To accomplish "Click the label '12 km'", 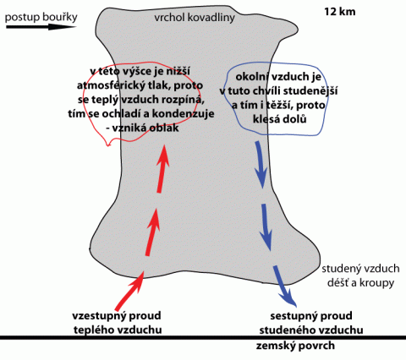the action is point(339,12).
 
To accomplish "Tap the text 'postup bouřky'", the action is point(41,17).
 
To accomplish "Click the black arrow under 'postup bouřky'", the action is point(41,27).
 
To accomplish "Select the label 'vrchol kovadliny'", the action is point(195,18).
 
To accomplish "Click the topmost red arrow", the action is point(163,168).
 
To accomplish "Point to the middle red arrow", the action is point(152,232).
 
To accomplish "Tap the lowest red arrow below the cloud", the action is point(129,292).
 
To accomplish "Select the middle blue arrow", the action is point(266,227).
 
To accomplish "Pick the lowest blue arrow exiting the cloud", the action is point(284,286).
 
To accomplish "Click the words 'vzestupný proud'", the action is point(117,315).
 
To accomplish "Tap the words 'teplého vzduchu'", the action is point(118,330).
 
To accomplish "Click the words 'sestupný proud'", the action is point(311,316).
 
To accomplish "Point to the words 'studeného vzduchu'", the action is point(311,330).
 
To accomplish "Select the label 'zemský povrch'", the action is point(295,346).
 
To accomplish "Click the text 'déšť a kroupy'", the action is point(360,282).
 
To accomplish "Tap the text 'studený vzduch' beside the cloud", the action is point(360,269).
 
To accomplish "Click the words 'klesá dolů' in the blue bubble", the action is point(279,119).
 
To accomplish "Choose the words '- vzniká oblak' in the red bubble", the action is point(142,128).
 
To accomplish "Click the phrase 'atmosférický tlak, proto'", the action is point(140,85).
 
